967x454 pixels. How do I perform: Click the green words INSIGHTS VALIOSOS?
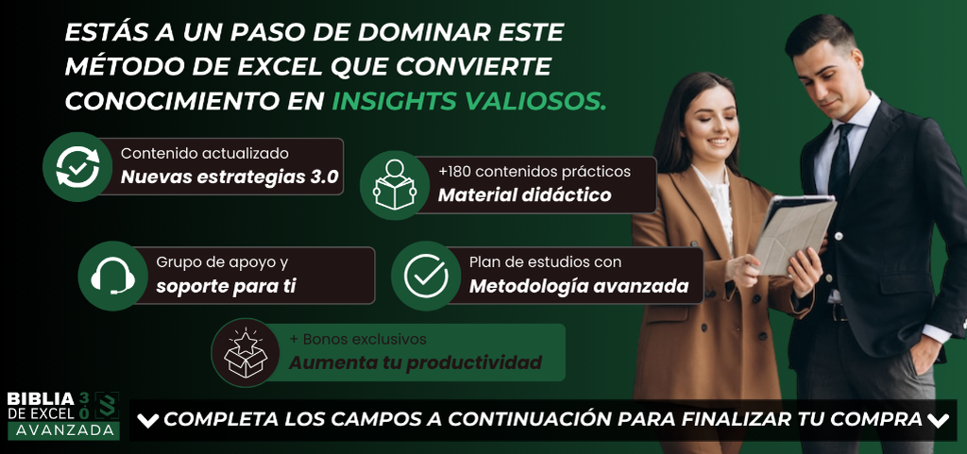coord(469,101)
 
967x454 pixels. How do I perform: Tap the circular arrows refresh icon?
coord(77,166)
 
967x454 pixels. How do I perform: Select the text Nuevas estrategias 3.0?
coord(230,177)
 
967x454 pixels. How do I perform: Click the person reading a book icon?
coord(395,184)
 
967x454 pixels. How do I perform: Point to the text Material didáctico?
coord(524,195)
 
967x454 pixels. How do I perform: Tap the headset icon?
coord(113,276)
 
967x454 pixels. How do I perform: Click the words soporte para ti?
coord(227,287)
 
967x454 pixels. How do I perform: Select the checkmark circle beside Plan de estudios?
coord(426,276)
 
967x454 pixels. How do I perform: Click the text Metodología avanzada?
coord(579,287)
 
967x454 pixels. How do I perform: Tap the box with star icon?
coord(245,353)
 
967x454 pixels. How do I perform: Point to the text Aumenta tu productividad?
coord(416,362)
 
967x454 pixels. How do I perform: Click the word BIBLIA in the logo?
coord(41,398)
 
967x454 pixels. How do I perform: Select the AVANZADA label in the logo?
coord(63,431)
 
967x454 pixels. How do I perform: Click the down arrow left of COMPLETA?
coord(148,421)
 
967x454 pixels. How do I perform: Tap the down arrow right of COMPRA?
coord(938,421)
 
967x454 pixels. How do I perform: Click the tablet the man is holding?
coord(794,234)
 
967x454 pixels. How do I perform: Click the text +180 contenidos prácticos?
coord(534,171)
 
